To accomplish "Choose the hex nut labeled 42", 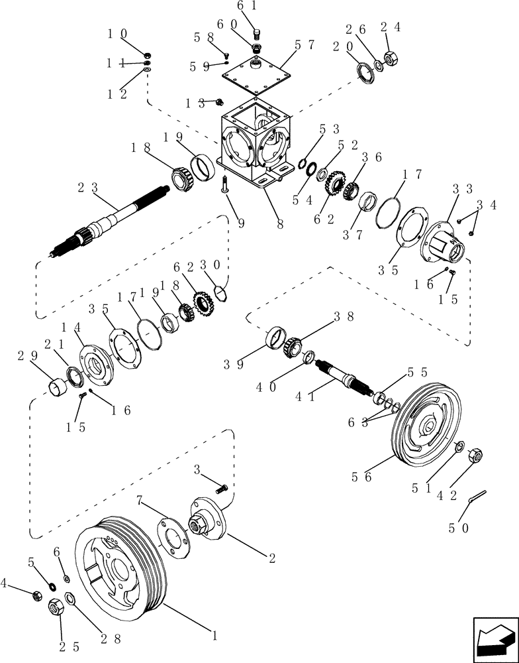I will click(x=475, y=456).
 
